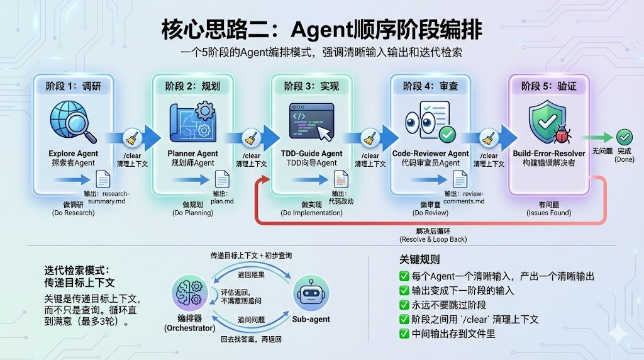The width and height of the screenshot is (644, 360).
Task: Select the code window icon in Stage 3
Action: pos(311,122)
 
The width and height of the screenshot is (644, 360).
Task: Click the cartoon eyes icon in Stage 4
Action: pos(428,122)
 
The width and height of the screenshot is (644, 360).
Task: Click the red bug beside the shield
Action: pos(562,134)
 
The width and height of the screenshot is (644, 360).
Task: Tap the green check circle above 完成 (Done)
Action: pos(624,137)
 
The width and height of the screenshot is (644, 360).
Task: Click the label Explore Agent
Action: pos(73,154)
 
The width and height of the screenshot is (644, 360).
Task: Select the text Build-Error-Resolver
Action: pos(549,153)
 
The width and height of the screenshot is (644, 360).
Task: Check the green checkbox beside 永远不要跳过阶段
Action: pos(404,305)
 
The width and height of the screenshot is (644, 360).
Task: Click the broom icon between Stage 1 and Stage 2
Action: pos(131,138)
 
